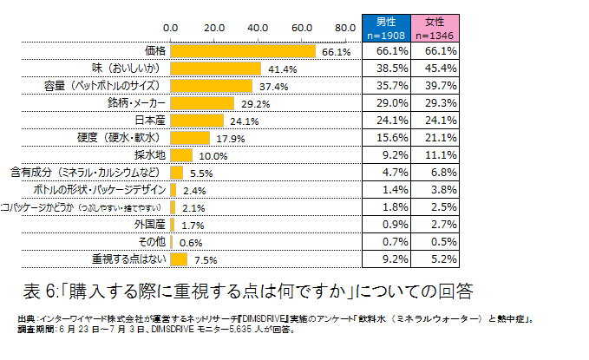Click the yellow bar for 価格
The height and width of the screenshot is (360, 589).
point(244,51)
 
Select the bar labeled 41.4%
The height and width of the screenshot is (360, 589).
point(216,69)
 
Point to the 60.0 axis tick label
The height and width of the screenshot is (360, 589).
point(302,28)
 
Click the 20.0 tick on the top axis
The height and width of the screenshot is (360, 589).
point(214,28)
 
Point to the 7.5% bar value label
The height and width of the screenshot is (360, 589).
point(205,259)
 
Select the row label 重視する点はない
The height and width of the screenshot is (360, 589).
point(129,259)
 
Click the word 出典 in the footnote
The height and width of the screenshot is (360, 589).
point(27,318)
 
